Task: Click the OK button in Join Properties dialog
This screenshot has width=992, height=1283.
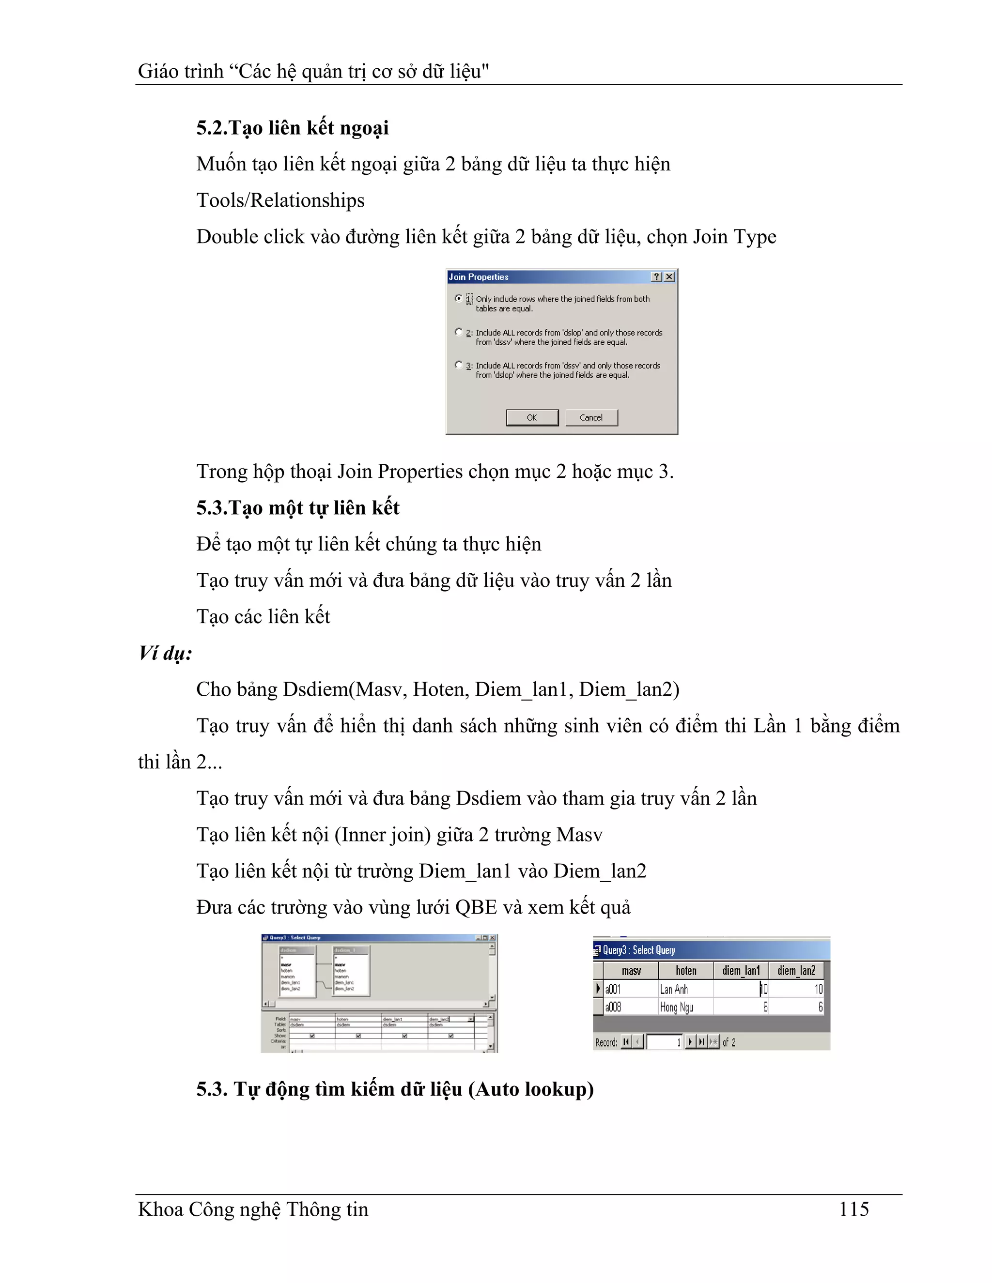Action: coord(532,418)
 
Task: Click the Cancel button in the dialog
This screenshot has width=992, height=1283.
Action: coord(591,418)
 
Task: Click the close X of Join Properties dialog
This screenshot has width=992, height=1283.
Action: coord(669,276)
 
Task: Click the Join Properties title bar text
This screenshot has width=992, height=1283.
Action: coord(479,276)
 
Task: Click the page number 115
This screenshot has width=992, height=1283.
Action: coord(853,1209)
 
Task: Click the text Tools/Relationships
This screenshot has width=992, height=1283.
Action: coord(280,200)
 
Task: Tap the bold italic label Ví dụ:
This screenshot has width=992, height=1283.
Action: coord(165,653)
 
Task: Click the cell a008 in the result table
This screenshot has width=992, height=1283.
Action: coord(614,1007)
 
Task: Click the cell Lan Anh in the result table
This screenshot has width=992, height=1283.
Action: coord(674,989)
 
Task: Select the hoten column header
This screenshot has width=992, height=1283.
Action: coord(686,970)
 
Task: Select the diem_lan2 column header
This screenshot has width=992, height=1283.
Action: coord(796,970)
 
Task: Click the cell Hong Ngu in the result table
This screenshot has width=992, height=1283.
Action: coord(676,1007)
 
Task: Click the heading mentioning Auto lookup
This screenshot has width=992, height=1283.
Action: coord(395,1089)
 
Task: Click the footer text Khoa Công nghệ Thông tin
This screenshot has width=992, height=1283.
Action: coord(253,1209)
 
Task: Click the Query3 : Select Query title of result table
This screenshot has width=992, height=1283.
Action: coord(639,950)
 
